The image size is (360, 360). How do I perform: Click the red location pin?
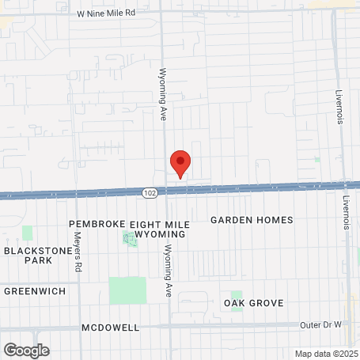pyautogui.click(x=180, y=164)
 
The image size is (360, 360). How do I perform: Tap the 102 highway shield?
pyautogui.click(x=150, y=191)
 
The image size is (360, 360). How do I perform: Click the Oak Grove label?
pyautogui.click(x=253, y=303)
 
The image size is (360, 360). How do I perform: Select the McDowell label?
pyautogui.click(x=110, y=328)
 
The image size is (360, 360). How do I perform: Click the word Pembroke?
pyautogui.click(x=98, y=224)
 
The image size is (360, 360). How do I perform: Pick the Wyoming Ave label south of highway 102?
pyautogui.click(x=168, y=270)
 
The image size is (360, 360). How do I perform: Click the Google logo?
pyautogui.click(x=26, y=350)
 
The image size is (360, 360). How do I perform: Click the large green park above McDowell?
pyautogui.click(x=127, y=290)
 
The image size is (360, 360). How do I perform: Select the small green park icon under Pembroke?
pyautogui.click(x=130, y=238)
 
